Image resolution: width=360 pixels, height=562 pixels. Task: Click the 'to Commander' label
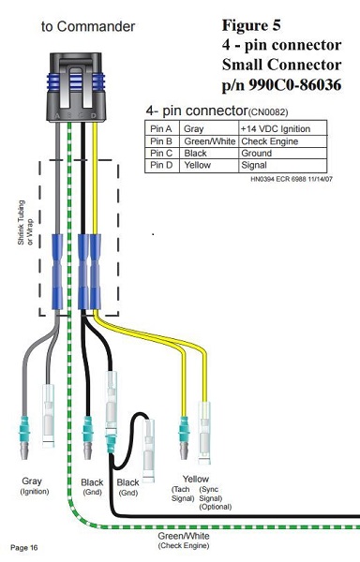pyautogui.click(x=88, y=26)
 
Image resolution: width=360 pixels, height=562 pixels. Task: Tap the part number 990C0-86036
pyautogui.click(x=294, y=84)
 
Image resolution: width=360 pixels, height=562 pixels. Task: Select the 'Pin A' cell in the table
pyautogui.click(x=161, y=129)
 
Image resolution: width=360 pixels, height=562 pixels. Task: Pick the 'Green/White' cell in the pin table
pyautogui.click(x=209, y=141)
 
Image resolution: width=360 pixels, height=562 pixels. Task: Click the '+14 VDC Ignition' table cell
pyautogui.click(x=276, y=129)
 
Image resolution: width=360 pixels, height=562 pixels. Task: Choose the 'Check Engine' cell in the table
pyautogui.click(x=270, y=141)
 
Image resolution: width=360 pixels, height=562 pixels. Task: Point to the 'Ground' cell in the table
pyautogui.click(x=256, y=153)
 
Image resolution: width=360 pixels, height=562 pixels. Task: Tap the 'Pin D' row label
pyautogui.click(x=161, y=165)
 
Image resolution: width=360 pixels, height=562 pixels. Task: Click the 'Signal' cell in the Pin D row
pyautogui.click(x=254, y=165)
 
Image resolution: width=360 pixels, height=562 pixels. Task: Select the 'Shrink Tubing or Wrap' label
pyautogui.click(x=25, y=223)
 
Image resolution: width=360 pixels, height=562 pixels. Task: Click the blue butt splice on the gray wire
pyautogui.click(x=57, y=272)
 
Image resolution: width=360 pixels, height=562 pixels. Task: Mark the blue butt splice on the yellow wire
pyautogui.click(x=95, y=272)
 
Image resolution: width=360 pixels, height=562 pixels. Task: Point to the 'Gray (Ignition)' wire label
pyautogui.click(x=34, y=485)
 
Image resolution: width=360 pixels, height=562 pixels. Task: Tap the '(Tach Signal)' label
pyautogui.click(x=183, y=494)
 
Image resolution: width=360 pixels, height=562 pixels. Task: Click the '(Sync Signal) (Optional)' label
pyautogui.click(x=215, y=498)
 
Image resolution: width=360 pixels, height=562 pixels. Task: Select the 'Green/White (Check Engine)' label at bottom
pyautogui.click(x=184, y=540)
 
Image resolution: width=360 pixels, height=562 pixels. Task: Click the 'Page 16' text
pyautogui.click(x=24, y=548)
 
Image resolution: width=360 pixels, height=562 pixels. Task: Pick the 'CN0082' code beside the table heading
pyautogui.click(x=268, y=112)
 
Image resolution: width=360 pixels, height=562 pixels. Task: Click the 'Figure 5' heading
pyautogui.click(x=251, y=25)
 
